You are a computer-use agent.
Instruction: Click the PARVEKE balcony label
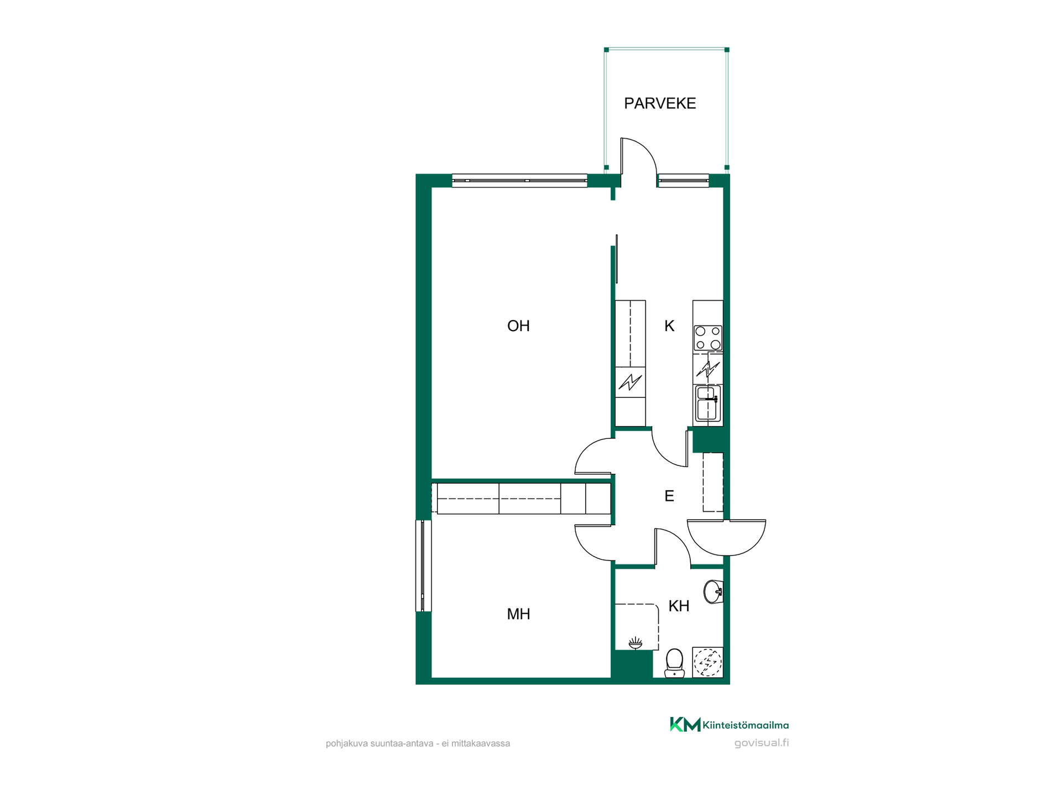point(660,103)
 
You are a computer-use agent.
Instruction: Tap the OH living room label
point(518,326)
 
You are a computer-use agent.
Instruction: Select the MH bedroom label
point(518,614)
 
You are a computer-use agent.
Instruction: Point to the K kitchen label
point(669,326)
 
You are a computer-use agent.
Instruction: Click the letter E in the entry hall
point(669,496)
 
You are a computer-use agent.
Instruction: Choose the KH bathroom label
point(679,606)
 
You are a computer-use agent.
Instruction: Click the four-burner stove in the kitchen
point(708,338)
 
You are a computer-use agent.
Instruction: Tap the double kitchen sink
point(708,404)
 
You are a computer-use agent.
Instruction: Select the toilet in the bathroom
point(674,663)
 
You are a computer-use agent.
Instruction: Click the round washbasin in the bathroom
point(714,592)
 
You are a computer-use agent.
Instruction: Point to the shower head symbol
point(636,643)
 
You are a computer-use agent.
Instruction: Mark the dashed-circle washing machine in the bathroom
point(708,662)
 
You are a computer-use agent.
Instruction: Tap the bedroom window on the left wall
point(423,565)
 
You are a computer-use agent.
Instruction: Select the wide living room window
point(519,180)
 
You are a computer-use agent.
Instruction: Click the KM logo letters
point(685,725)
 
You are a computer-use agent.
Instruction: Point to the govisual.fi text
point(762,743)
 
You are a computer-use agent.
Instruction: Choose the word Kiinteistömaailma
point(746,725)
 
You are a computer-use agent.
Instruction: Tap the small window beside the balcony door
point(683,180)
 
